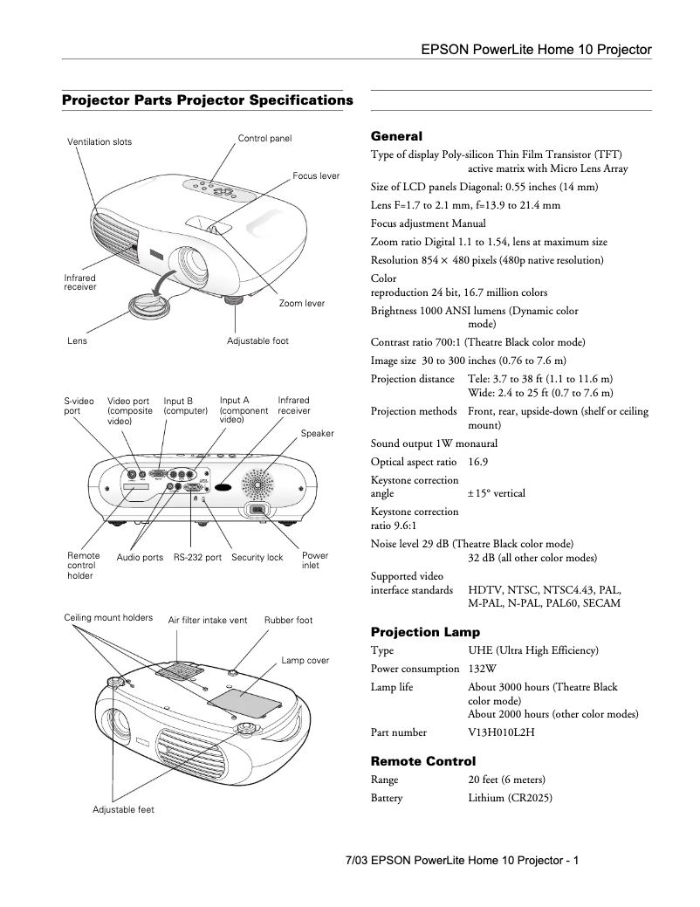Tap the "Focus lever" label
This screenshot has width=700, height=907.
[x=316, y=175]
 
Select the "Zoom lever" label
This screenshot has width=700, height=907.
[x=301, y=303]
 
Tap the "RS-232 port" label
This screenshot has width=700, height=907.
[x=197, y=557]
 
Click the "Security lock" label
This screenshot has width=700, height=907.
[x=257, y=557]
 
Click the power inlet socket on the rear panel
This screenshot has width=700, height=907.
[x=257, y=510]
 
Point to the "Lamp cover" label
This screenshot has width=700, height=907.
[x=305, y=661]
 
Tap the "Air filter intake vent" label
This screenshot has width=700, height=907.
[x=208, y=621]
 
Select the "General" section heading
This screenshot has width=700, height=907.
[x=396, y=136]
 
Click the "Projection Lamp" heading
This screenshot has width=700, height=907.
[x=425, y=631]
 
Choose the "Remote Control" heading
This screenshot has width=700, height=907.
[x=423, y=761]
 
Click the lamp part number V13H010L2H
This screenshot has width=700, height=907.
[x=501, y=732]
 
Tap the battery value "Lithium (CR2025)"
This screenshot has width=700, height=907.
[x=510, y=798]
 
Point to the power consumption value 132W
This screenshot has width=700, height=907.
[x=483, y=669]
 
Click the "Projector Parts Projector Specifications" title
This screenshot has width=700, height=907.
[x=207, y=100]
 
